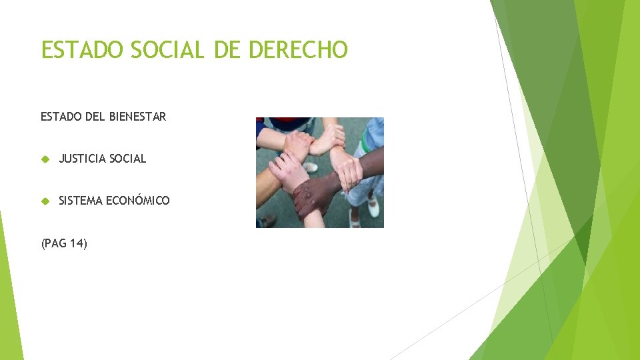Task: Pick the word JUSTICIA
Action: (x=82, y=159)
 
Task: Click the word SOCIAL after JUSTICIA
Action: (x=127, y=159)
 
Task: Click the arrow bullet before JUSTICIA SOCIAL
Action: (x=45, y=159)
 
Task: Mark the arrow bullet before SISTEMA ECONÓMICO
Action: (x=45, y=201)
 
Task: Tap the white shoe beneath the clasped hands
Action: (x=311, y=167)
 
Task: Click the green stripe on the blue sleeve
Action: (x=366, y=143)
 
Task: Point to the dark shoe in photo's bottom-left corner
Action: (x=266, y=221)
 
